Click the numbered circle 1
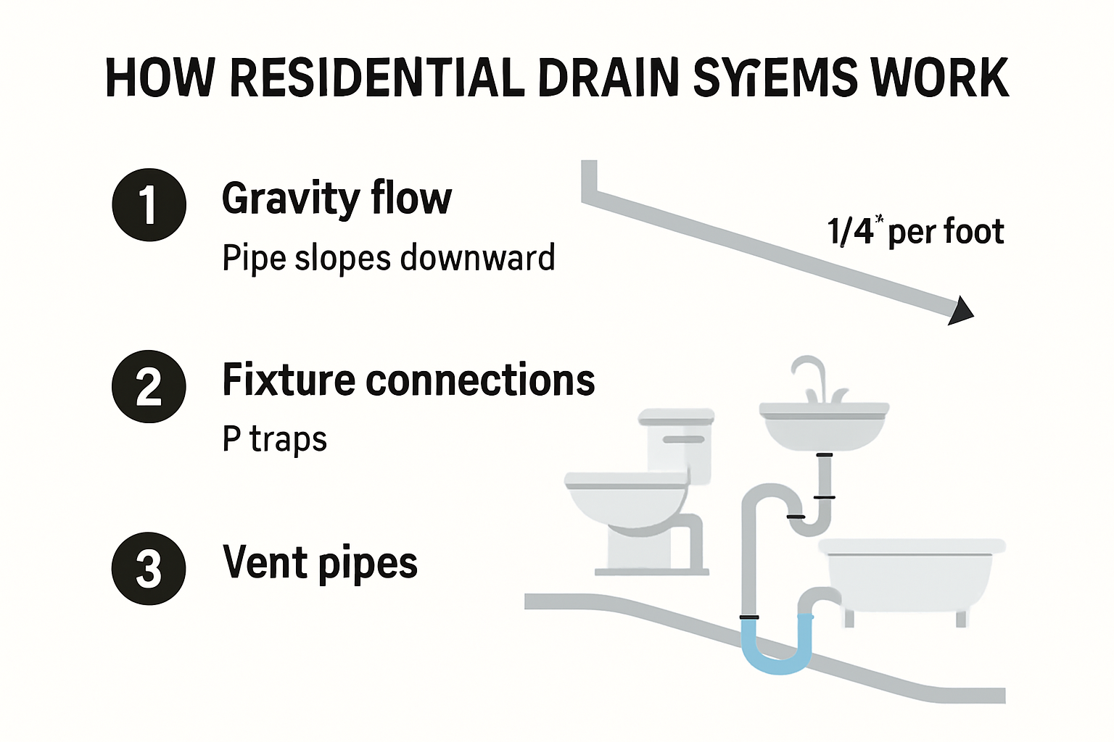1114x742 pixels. click(149, 205)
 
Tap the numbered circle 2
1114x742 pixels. click(149, 386)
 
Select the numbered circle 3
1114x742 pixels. click(149, 568)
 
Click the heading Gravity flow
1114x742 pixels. click(337, 199)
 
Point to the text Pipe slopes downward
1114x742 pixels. click(389, 259)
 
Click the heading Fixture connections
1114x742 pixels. click(408, 380)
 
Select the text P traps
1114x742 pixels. click(275, 440)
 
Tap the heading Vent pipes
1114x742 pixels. click(320, 563)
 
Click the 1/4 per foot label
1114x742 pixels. click(915, 232)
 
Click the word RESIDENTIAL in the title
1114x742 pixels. click(377, 78)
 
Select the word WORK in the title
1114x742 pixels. click(940, 78)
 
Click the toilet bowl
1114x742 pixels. click(625, 503)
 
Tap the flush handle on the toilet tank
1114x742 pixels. click(683, 439)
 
